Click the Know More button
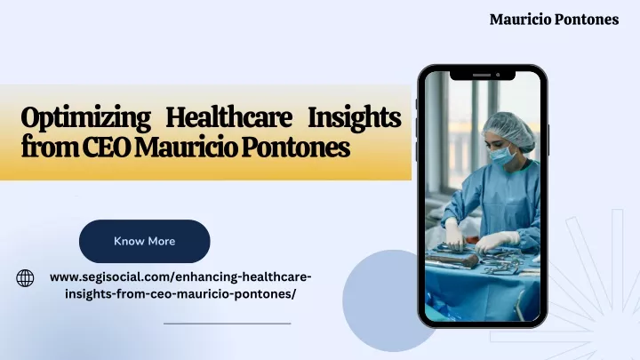(x=145, y=241)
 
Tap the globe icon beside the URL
(x=25, y=278)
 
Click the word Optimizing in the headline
(x=85, y=118)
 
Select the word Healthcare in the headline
(x=228, y=117)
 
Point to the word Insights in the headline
(x=355, y=118)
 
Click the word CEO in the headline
(x=108, y=148)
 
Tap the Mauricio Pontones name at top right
(x=554, y=20)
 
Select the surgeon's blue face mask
(x=503, y=156)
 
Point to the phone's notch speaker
(x=482, y=75)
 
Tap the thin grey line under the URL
(x=228, y=324)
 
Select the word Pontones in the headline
(x=295, y=148)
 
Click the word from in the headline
(x=50, y=148)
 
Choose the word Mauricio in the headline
(x=186, y=148)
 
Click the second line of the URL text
(x=180, y=294)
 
